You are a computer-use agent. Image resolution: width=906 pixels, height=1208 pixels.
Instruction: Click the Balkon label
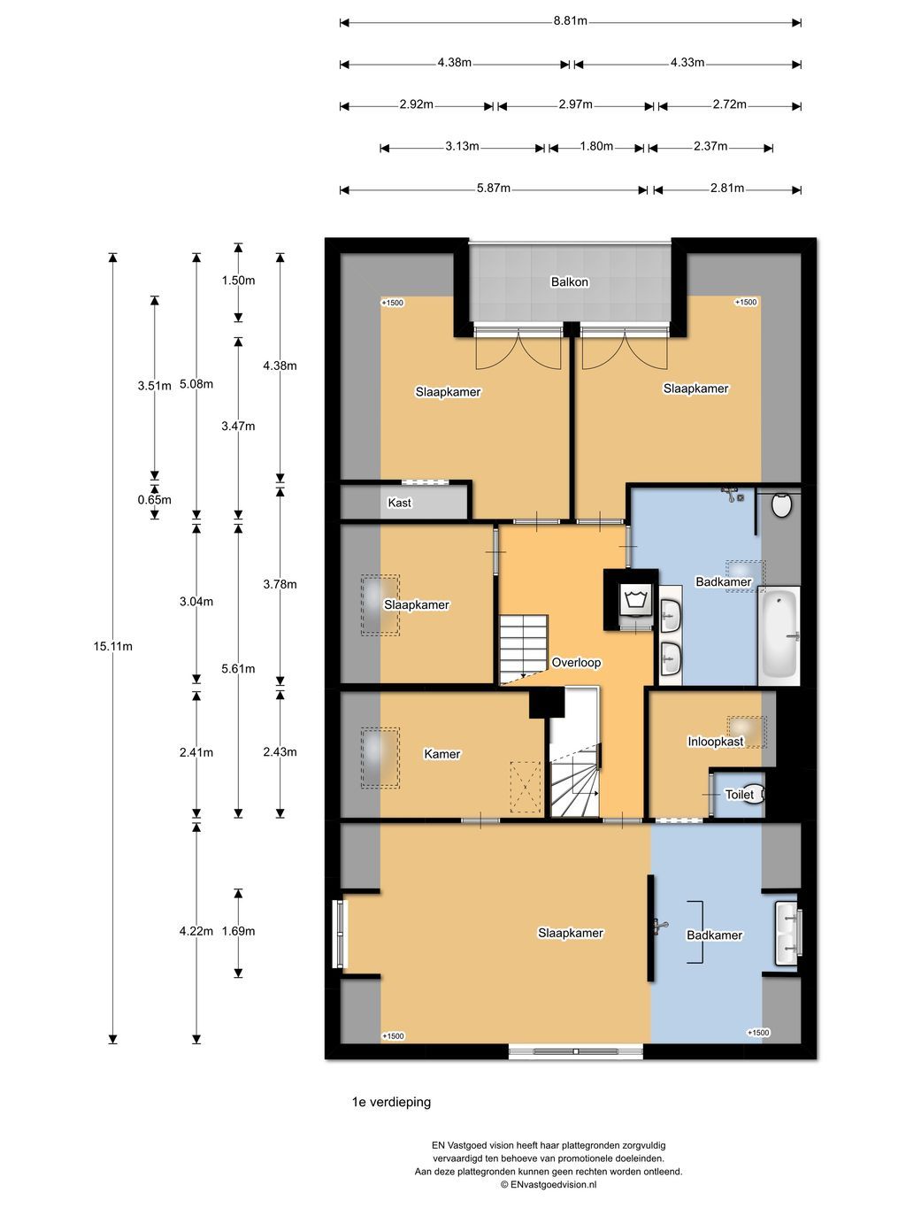[569, 281]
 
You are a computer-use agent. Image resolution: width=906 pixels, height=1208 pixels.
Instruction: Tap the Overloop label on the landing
[576, 663]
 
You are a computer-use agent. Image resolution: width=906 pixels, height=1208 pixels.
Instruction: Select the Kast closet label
[399, 503]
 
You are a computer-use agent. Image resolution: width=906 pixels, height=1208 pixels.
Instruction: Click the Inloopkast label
[715, 742]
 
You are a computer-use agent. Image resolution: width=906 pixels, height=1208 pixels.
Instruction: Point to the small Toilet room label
[740, 794]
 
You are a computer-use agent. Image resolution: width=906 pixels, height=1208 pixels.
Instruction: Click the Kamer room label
[441, 754]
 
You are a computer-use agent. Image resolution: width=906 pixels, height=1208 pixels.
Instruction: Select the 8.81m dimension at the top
[571, 21]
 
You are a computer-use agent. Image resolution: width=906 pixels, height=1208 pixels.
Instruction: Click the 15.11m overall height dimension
[112, 646]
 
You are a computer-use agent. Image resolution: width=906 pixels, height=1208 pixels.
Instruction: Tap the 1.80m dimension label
[596, 146]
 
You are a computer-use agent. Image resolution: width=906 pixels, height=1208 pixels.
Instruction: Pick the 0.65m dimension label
[155, 500]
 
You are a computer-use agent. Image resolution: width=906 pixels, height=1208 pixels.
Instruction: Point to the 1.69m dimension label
[238, 931]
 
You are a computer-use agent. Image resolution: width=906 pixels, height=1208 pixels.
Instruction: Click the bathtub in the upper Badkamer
[779, 635]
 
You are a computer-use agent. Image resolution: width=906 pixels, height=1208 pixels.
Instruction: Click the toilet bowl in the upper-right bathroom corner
[781, 504]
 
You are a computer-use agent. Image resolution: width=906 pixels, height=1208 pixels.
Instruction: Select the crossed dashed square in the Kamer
[526, 787]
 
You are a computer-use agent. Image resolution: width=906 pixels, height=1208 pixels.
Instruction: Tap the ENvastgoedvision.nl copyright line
[549, 1184]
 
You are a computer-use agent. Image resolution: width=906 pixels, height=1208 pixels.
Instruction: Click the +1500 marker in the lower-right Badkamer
[758, 1033]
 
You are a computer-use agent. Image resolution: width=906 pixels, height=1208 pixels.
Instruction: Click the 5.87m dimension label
[494, 189]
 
